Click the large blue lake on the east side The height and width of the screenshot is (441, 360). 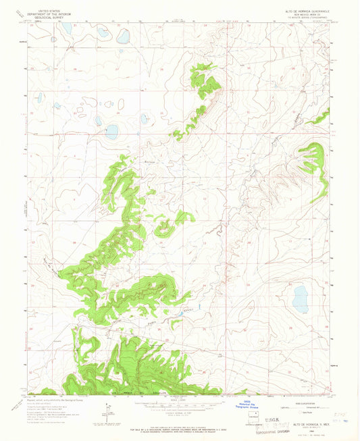point(301,295)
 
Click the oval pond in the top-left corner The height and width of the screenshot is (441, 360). point(67,29)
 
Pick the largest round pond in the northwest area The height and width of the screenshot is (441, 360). point(111,130)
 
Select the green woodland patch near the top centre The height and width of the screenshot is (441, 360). point(206,80)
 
